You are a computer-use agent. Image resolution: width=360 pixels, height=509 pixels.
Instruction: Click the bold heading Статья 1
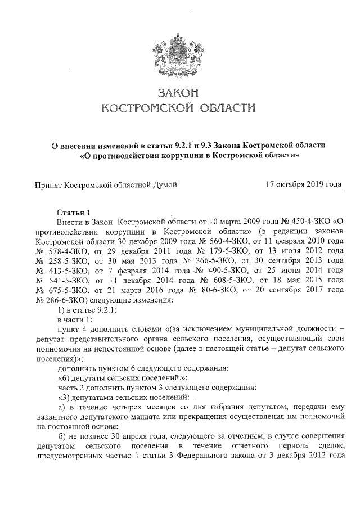[x=74, y=212]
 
